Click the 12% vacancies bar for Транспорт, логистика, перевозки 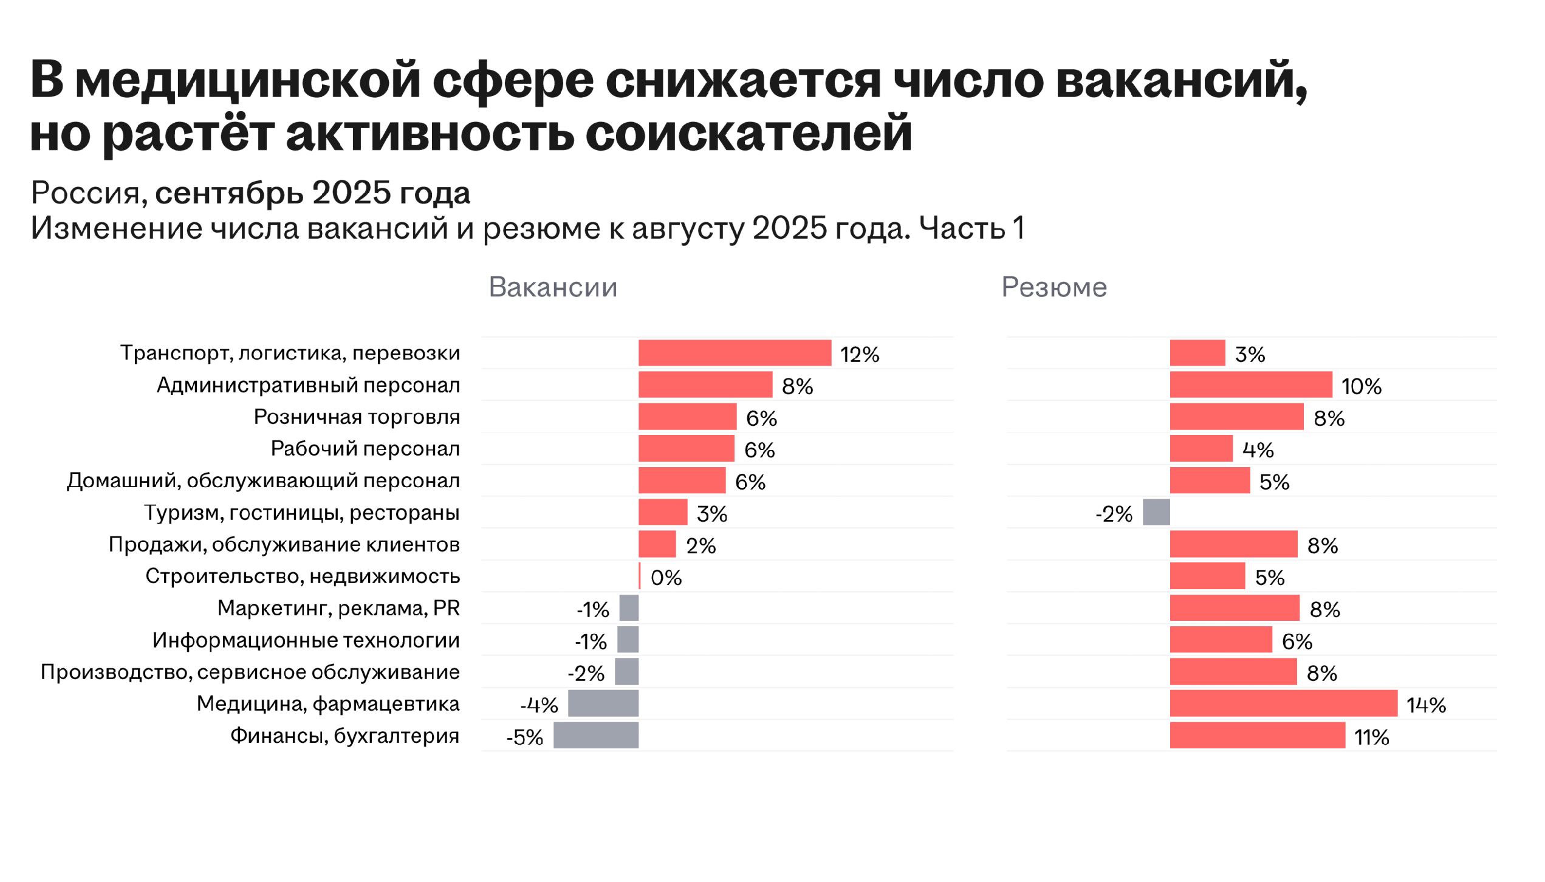point(734,353)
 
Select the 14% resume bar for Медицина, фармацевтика point(1283,703)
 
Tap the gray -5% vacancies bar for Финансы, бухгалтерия point(595,735)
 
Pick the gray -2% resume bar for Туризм point(1156,512)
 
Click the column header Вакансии point(552,287)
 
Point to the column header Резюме point(1053,287)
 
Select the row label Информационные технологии point(306,640)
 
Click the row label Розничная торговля point(357,417)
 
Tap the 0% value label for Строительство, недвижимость point(666,577)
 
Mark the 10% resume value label point(1361,386)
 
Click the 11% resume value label point(1371,737)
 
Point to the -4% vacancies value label point(539,705)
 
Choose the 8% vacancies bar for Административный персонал point(705,385)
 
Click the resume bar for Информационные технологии point(1220,640)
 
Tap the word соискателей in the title point(749,133)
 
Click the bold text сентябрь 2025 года point(312,193)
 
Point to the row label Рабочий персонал point(365,449)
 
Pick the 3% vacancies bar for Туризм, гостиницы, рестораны point(662,512)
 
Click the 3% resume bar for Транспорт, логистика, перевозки point(1197,353)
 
